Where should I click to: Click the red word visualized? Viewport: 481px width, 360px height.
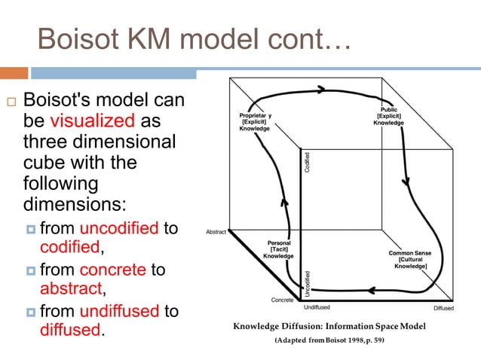click(x=92, y=121)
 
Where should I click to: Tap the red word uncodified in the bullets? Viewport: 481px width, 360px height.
click(x=118, y=227)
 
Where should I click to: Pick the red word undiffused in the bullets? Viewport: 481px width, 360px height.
click(x=121, y=310)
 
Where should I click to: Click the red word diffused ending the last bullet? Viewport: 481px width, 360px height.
click(x=70, y=330)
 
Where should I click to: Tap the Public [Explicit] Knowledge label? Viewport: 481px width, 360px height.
click(x=390, y=117)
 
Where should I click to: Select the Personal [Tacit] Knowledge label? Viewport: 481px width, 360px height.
click(x=278, y=249)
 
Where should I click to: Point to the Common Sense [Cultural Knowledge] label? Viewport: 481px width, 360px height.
click(x=409, y=260)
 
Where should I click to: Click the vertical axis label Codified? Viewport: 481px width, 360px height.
click(x=308, y=163)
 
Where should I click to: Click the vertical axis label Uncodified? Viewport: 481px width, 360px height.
click(x=308, y=280)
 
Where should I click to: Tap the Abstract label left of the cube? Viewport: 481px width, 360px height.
click(x=216, y=232)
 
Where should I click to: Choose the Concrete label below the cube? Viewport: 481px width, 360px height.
click(x=283, y=300)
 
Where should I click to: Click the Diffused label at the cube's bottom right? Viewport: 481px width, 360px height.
click(x=443, y=308)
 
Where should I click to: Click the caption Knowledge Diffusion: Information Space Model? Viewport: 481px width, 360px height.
click(x=329, y=326)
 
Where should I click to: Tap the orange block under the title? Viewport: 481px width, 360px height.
click(x=14, y=74)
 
